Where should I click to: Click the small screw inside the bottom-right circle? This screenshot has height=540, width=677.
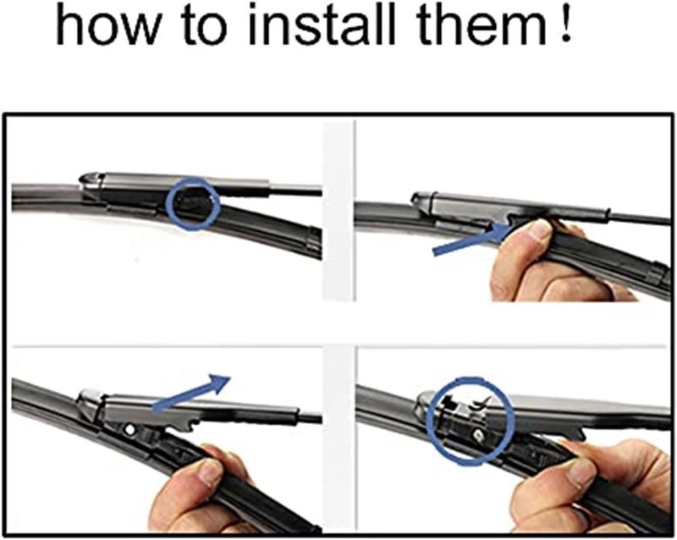pyautogui.click(x=479, y=433)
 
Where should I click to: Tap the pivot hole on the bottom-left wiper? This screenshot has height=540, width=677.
pyautogui.click(x=129, y=431)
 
